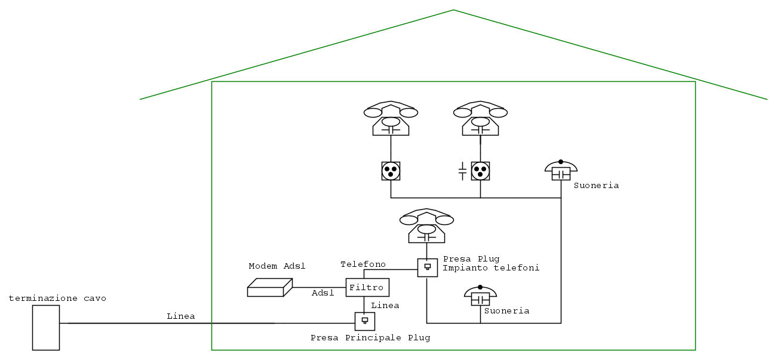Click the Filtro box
(x=367, y=287)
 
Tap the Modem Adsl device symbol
(x=269, y=288)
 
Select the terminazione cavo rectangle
(x=46, y=327)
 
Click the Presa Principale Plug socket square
(x=364, y=321)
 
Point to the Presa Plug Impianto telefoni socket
(x=427, y=267)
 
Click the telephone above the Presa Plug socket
(x=426, y=226)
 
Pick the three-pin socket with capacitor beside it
(x=480, y=171)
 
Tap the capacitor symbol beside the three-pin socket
(x=462, y=172)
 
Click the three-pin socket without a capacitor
(x=391, y=171)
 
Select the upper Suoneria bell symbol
(x=561, y=171)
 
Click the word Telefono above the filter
(x=363, y=264)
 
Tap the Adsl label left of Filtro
(x=323, y=293)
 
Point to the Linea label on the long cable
(x=180, y=316)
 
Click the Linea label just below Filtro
(x=385, y=305)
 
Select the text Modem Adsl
(x=277, y=266)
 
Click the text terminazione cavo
(x=57, y=298)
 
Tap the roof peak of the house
(x=453, y=10)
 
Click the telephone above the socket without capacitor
(x=391, y=119)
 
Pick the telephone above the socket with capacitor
(x=480, y=119)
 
